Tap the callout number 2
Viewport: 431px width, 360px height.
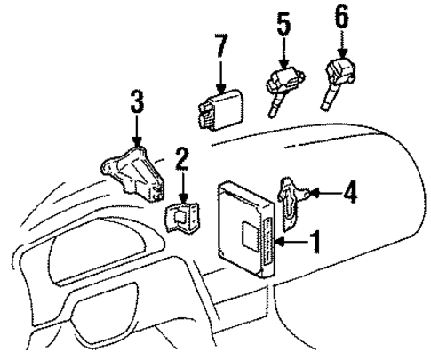point(181,161)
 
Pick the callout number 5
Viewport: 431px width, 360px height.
point(283,22)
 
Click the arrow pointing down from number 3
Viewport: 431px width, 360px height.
point(136,133)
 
